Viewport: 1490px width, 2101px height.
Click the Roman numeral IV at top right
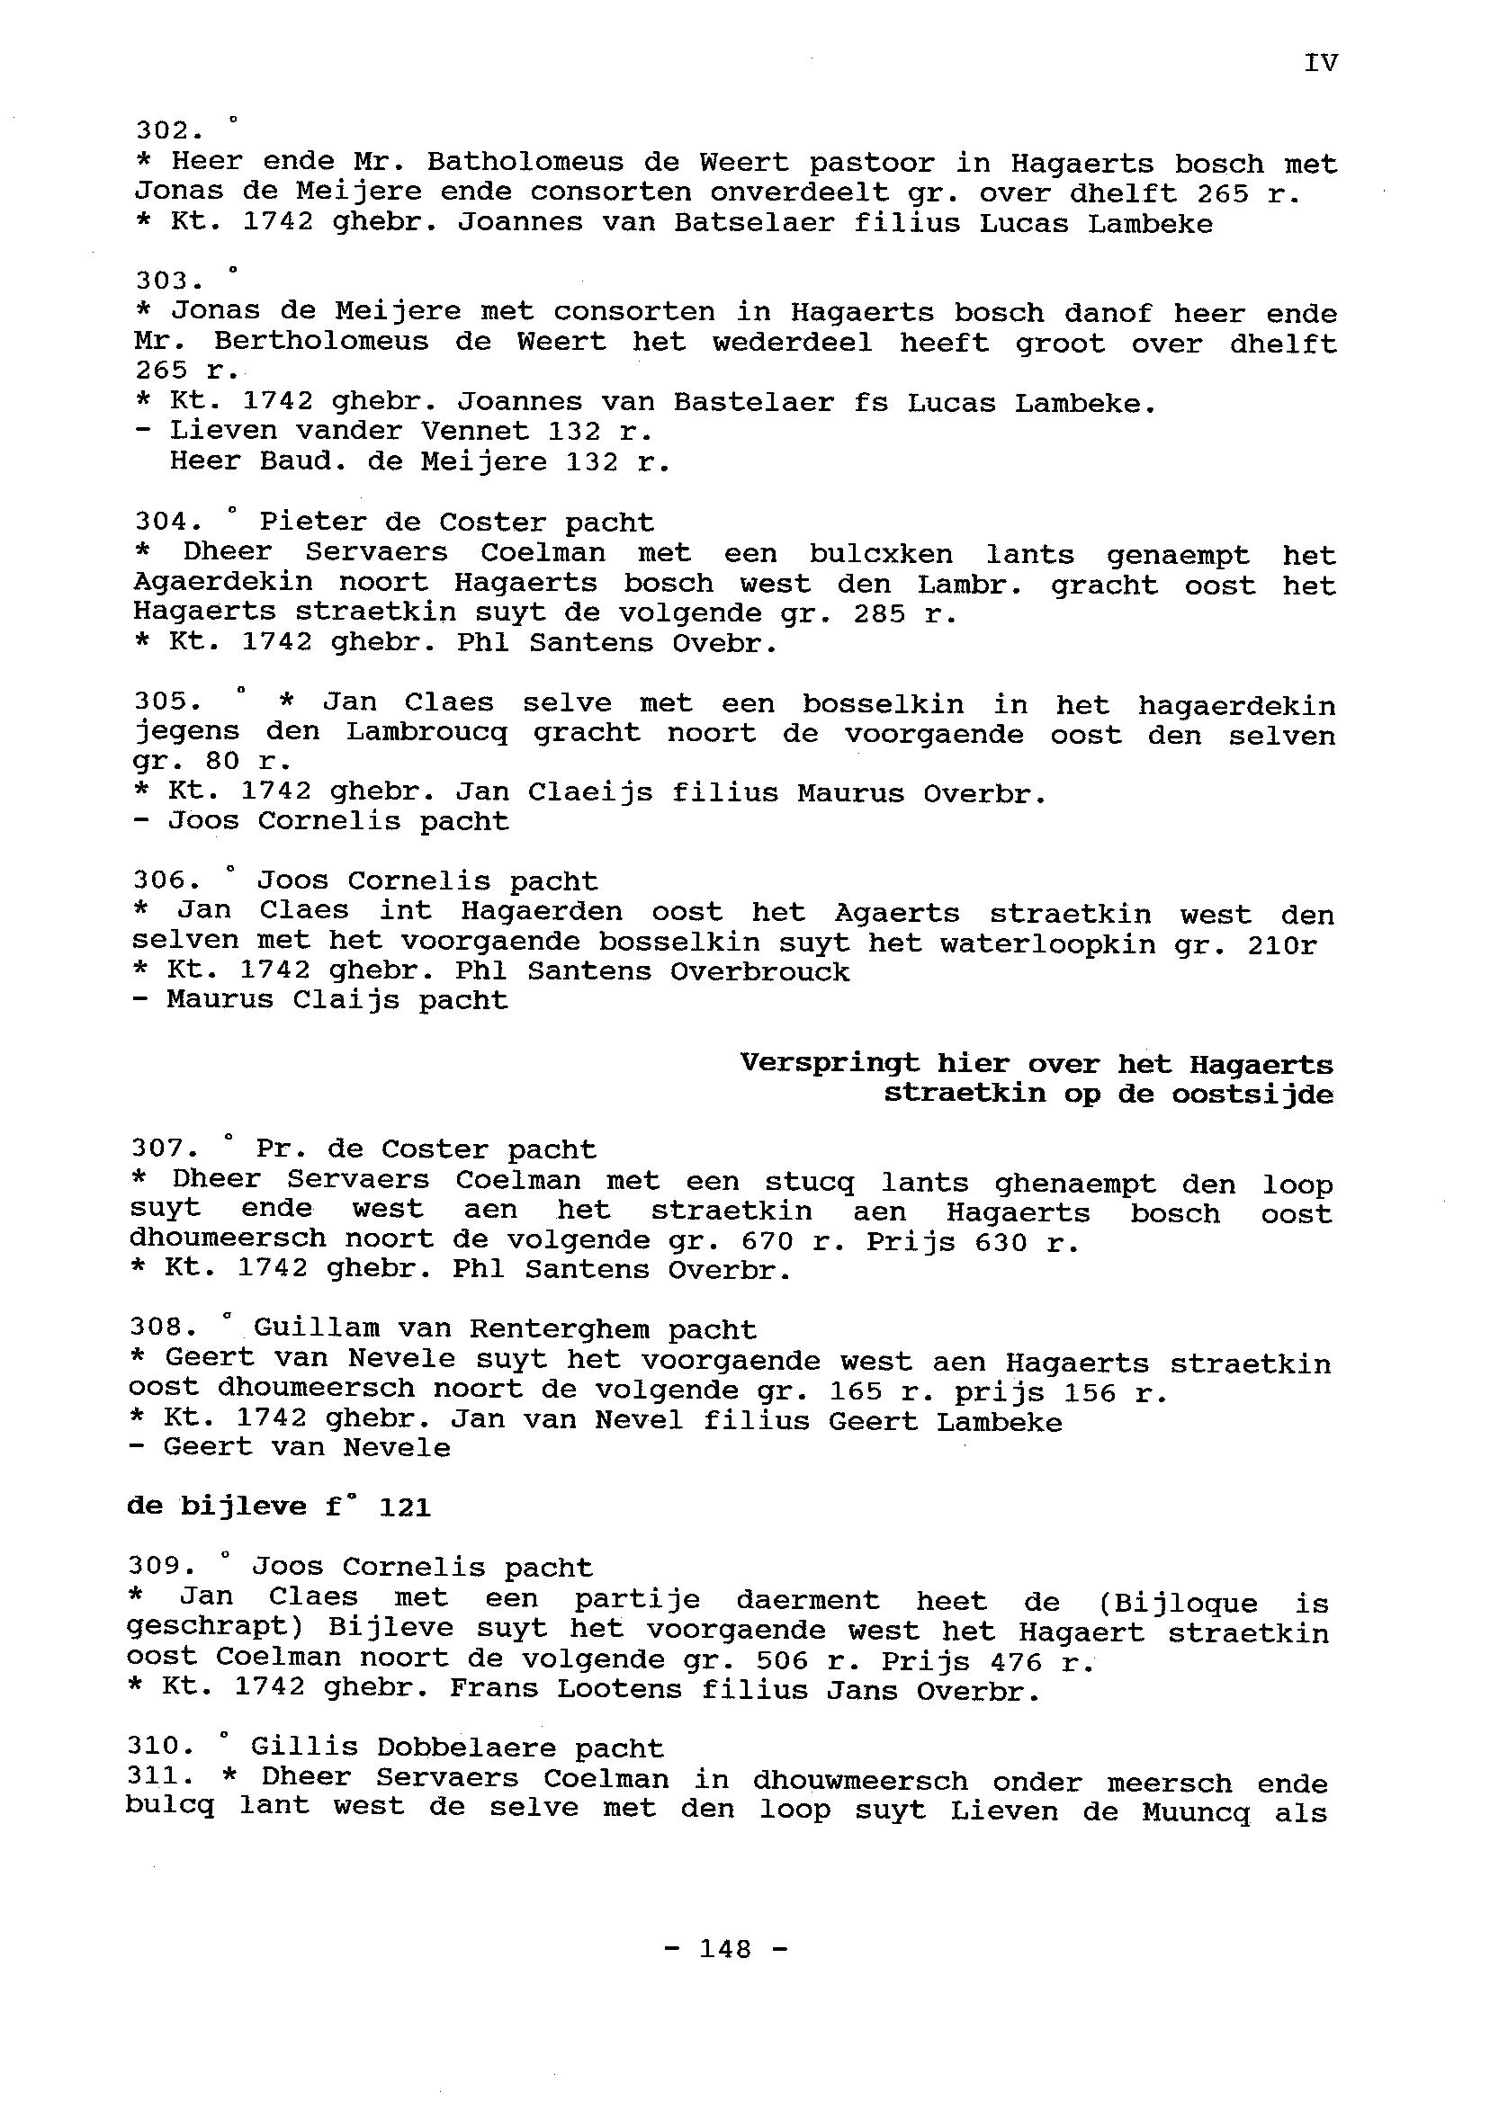point(1320,62)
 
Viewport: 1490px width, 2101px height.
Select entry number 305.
point(166,702)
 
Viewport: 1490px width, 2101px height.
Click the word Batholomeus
point(525,162)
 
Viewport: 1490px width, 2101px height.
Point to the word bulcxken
point(880,554)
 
